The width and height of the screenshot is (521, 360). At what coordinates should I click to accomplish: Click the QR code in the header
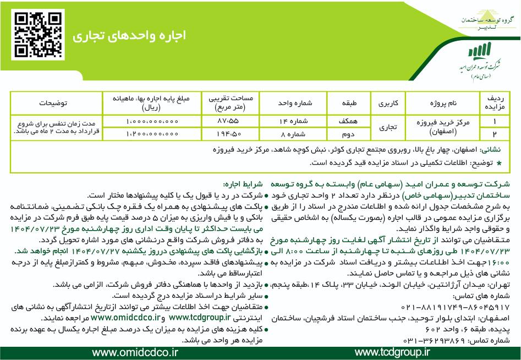click(32, 35)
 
